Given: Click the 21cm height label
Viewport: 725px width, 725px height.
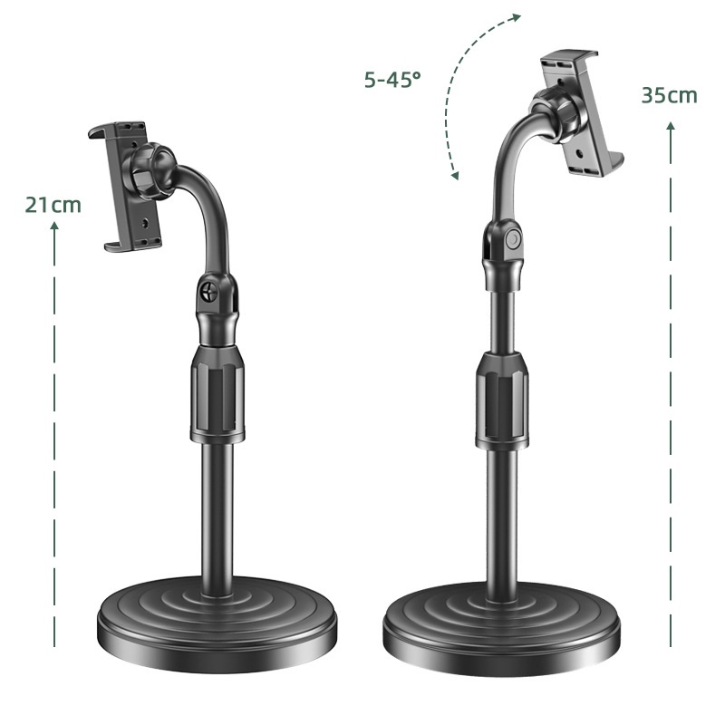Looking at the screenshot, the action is (53, 205).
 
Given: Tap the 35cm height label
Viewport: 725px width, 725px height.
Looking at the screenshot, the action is (669, 95).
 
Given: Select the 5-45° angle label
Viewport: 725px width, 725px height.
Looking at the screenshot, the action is (392, 80).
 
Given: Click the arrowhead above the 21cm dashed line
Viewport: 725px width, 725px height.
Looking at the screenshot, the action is (54, 225).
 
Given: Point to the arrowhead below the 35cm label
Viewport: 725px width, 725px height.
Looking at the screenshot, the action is (671, 126).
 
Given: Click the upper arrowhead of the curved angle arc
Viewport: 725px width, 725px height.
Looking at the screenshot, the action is (516, 18).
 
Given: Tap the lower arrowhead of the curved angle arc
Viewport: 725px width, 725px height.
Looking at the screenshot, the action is (455, 175).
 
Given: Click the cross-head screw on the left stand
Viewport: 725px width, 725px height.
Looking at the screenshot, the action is (209, 292).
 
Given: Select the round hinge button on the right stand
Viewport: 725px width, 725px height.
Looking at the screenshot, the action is (512, 239).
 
